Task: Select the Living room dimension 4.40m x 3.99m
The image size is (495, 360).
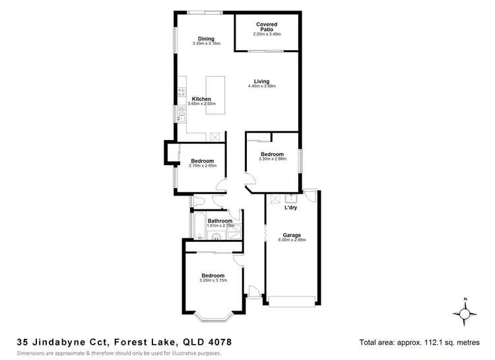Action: pyautogui.click(x=261, y=87)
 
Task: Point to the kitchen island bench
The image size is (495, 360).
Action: pyautogui.click(x=215, y=94)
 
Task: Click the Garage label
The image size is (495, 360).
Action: pyautogui.click(x=292, y=234)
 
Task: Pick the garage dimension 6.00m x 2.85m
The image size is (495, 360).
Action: pyautogui.click(x=292, y=240)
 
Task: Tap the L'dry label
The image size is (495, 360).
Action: pyautogui.click(x=291, y=209)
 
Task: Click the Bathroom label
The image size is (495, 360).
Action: pyautogui.click(x=220, y=221)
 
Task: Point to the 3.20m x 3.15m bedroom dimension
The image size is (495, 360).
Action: pyautogui.click(x=213, y=281)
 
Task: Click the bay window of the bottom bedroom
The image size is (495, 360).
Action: pyautogui.click(x=213, y=314)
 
